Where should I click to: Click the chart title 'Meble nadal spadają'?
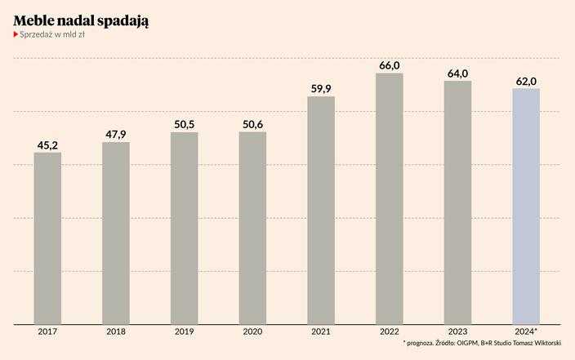tap(81, 19)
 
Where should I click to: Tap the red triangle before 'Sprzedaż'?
tap(16, 35)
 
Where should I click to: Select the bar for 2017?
tap(47, 238)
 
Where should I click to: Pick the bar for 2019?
tap(184, 228)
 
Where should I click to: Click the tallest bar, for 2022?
tap(389, 198)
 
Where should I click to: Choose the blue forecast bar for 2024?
tap(525, 206)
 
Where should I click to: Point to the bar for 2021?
tap(321, 210)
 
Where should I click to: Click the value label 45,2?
tap(47, 145)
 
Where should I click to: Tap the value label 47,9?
tap(116, 135)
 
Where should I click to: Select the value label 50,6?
tap(252, 124)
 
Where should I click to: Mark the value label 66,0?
tap(389, 65)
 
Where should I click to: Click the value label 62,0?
tap(525, 81)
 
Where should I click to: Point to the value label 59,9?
tap(321, 89)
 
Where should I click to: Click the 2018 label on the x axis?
tap(116, 331)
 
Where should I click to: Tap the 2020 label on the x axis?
tap(252, 331)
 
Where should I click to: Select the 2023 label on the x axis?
tap(457, 331)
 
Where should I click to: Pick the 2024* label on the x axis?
tap(525, 331)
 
